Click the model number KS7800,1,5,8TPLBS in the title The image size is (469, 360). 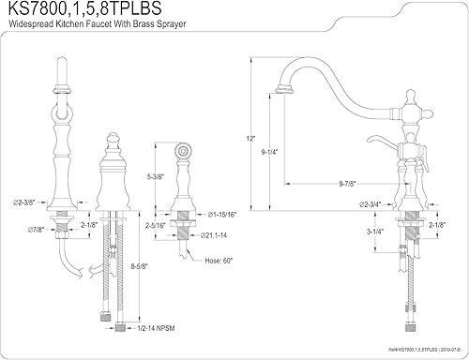(x=84, y=8)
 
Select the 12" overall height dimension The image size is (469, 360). (x=250, y=139)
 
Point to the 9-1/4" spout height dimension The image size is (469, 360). (x=269, y=152)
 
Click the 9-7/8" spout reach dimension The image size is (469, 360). (x=348, y=184)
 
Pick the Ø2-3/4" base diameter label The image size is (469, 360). (x=371, y=204)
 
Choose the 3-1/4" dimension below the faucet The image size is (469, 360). (x=375, y=232)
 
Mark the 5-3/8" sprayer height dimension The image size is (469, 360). (x=156, y=177)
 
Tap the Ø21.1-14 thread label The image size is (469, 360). (x=214, y=235)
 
